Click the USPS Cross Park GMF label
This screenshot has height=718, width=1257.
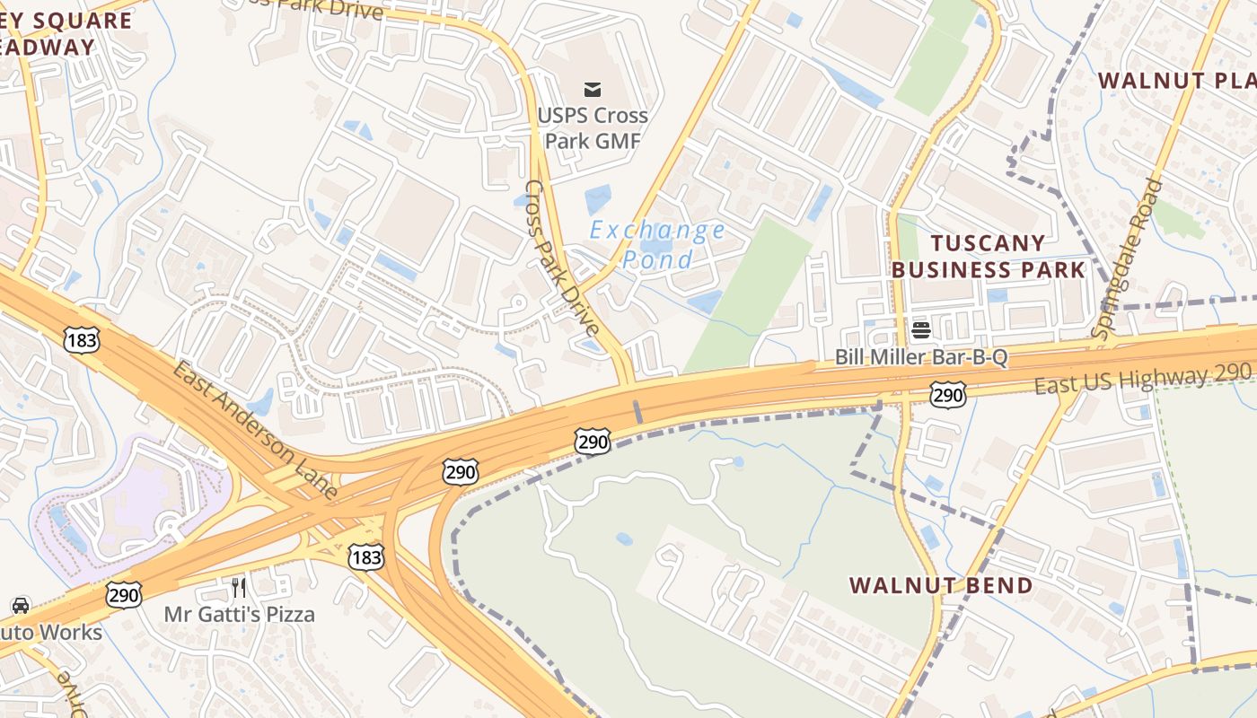[x=593, y=128]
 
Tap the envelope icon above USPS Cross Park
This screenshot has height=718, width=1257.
[x=593, y=89]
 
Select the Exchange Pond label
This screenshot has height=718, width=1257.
[x=657, y=245]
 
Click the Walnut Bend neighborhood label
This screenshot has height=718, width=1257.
[x=941, y=585]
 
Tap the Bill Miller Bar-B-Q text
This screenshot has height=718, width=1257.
[x=921, y=357]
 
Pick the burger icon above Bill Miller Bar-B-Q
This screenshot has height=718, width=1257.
[x=921, y=329]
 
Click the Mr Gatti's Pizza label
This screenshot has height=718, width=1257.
[x=239, y=615]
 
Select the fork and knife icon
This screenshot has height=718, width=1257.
[x=239, y=588]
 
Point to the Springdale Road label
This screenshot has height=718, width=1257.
[x=1129, y=258]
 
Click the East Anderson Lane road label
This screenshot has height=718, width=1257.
[x=255, y=431]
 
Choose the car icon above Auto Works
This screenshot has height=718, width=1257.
[x=21, y=606]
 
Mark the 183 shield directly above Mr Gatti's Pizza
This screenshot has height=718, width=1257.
[x=366, y=557]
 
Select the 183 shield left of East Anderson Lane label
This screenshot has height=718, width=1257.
[x=81, y=340]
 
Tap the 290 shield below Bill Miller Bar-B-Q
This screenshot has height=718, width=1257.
[x=948, y=394]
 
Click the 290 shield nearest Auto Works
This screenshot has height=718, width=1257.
[x=123, y=595]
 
